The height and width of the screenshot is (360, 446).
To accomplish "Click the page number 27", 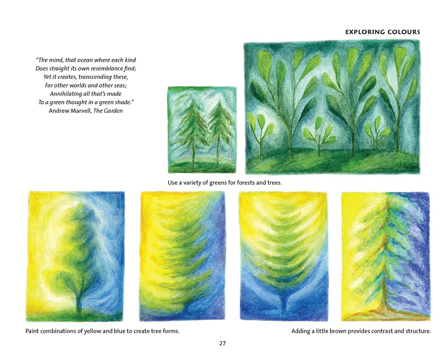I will click(223, 344).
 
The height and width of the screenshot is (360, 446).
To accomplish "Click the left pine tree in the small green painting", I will click(192, 129).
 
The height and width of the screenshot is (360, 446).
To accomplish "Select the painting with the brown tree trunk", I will click(386, 256).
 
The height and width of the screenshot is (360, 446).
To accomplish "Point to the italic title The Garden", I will click(107, 110).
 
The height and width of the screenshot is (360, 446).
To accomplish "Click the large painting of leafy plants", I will click(332, 107).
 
